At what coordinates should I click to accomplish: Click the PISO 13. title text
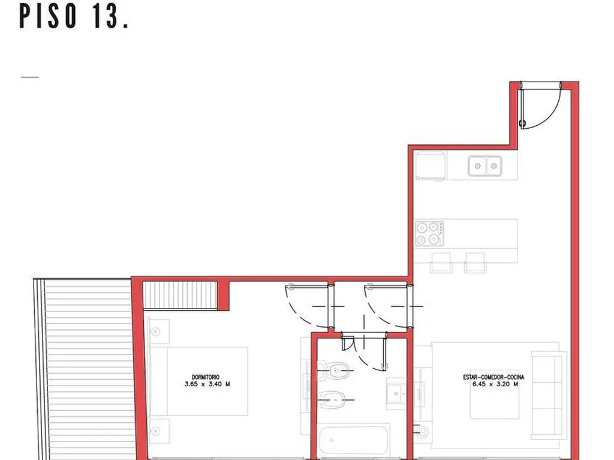(74, 17)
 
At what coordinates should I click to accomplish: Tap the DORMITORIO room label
(206, 377)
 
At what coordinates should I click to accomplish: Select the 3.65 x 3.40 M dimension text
(207, 384)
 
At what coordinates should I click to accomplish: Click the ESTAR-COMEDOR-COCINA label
(493, 377)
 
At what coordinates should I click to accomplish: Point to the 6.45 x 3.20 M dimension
(495, 384)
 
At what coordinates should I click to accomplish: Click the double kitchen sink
(484, 166)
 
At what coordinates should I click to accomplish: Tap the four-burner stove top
(429, 234)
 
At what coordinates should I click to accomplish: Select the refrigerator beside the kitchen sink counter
(431, 166)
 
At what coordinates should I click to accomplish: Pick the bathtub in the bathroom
(354, 441)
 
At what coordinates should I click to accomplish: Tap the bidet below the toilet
(332, 400)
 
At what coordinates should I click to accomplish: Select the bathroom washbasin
(396, 393)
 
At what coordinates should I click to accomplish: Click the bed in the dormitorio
(198, 382)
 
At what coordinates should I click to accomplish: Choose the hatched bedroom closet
(180, 295)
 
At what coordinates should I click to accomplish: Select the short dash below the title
(29, 77)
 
